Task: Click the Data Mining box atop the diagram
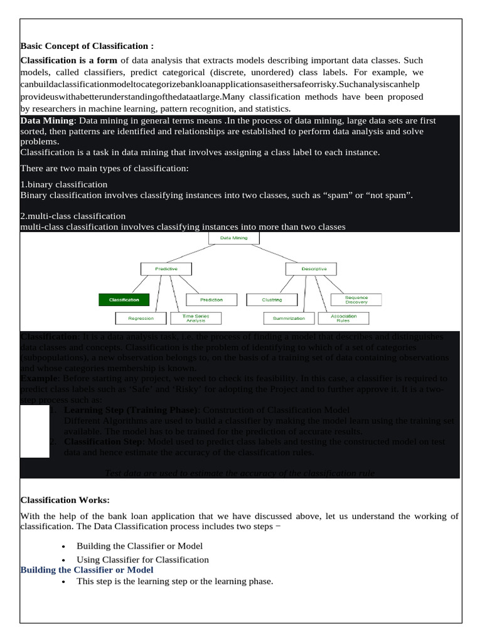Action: click(233, 239)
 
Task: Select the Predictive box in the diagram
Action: click(166, 268)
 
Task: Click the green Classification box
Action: click(124, 300)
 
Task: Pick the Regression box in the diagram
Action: click(141, 318)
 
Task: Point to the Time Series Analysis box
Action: click(195, 318)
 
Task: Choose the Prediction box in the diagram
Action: click(211, 300)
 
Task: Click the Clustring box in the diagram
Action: click(272, 300)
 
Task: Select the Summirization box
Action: click(289, 318)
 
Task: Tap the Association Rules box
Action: click(343, 318)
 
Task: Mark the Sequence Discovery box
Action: click(356, 300)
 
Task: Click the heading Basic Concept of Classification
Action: click(87, 46)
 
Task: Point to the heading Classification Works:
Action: click(65, 500)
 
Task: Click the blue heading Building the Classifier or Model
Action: click(87, 569)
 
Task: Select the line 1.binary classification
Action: click(64, 184)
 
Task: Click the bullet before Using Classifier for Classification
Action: click(65, 560)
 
